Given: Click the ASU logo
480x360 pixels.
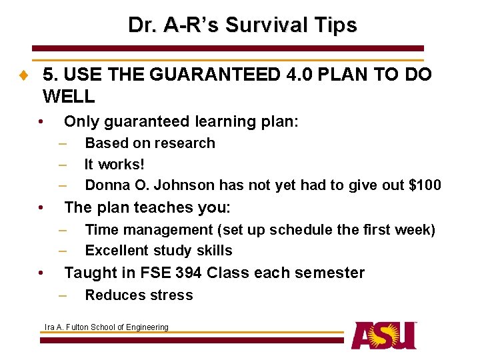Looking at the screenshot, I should pos(384,335).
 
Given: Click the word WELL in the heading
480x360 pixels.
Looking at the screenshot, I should pos(69,97).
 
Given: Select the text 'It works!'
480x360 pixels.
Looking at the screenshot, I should pos(115,164).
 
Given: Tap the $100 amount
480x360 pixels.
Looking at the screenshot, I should pos(423,185).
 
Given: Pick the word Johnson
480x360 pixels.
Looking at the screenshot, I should pos(177,185).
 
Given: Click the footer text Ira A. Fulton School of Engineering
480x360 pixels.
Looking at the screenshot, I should pos(106,327).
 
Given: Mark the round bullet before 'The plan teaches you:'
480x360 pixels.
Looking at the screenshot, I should pos(41,208).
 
